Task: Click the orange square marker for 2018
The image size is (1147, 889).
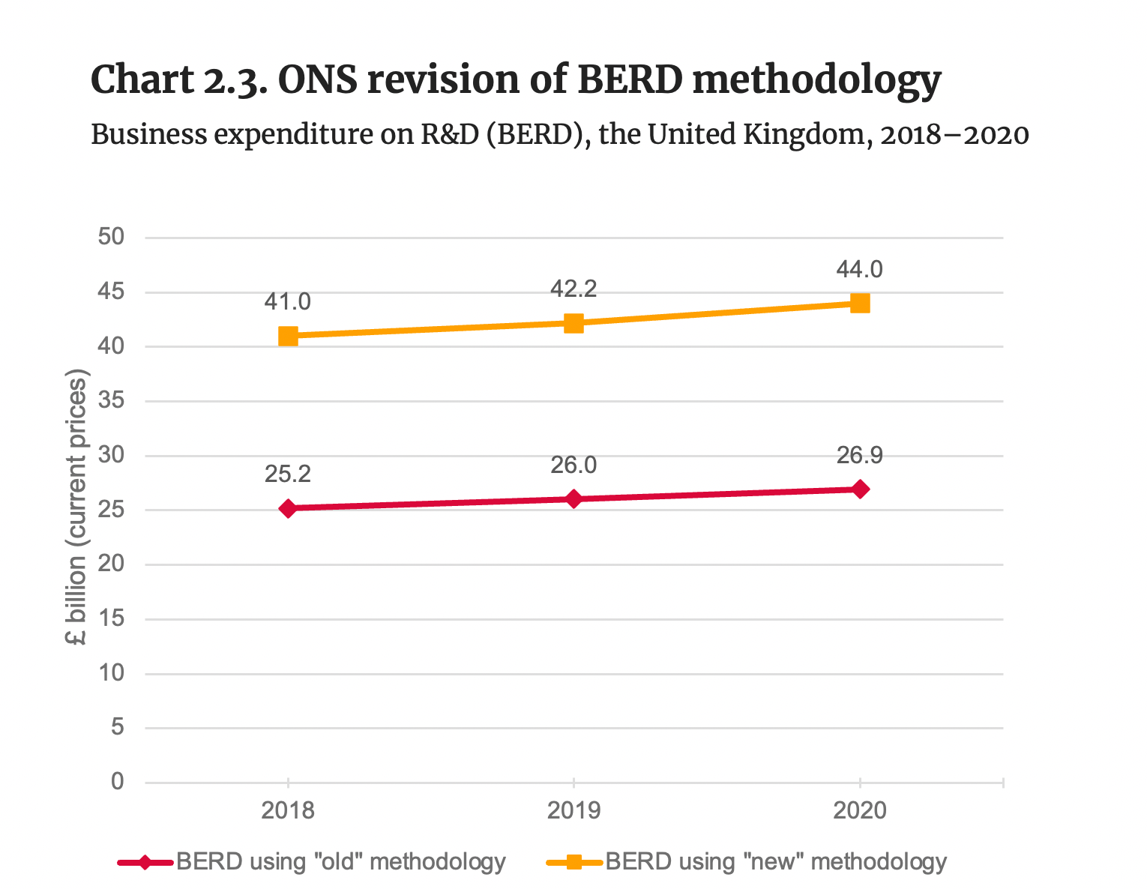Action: click(x=288, y=336)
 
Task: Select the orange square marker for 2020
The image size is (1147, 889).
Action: click(x=860, y=303)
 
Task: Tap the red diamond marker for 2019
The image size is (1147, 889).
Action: click(x=573, y=499)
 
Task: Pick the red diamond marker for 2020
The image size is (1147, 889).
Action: click(x=860, y=489)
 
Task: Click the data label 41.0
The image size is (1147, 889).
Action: click(x=287, y=302)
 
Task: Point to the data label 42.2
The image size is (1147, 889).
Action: click(x=573, y=289)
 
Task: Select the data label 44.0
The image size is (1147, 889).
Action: click(x=860, y=269)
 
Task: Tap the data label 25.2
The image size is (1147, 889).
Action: click(x=287, y=474)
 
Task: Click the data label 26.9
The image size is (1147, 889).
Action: click(x=860, y=455)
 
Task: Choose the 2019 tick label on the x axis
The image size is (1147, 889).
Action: click(x=573, y=811)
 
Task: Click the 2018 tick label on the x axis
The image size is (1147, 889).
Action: click(x=287, y=811)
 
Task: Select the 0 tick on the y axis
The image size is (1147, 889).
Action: click(x=117, y=783)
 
